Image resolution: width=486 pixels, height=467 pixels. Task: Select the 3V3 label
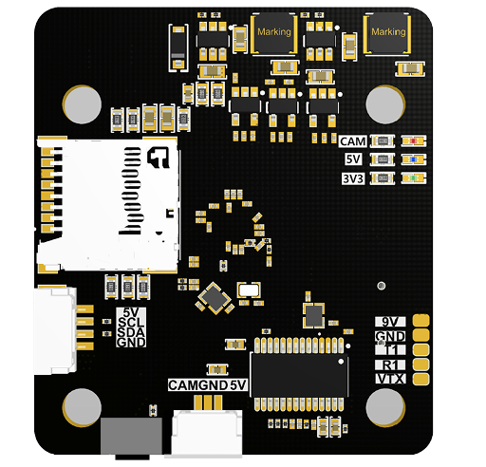click(352, 178)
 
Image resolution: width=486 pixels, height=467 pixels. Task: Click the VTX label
click(390, 379)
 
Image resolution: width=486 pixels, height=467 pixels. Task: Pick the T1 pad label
click(390, 350)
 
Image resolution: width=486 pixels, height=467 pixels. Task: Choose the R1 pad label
click(390, 364)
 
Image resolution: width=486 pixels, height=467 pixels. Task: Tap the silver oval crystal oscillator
click(249, 291)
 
